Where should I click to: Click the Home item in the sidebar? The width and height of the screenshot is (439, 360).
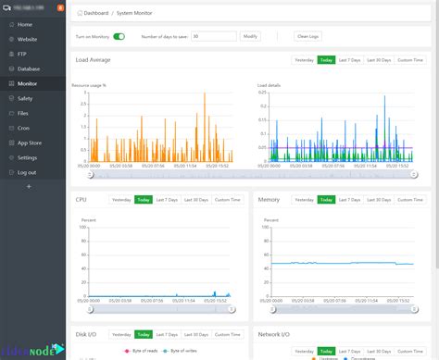tap(24, 24)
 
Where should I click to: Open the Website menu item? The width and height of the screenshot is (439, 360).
tap(28, 39)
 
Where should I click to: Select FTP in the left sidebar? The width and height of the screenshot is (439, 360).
tap(22, 54)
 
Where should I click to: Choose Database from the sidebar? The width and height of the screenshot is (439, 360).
tap(29, 68)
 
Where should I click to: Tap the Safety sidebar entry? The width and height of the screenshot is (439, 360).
tap(25, 98)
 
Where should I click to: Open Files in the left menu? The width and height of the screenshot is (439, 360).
tap(23, 113)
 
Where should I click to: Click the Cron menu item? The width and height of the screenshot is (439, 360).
tap(23, 128)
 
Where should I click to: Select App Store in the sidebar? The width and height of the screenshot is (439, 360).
tap(30, 143)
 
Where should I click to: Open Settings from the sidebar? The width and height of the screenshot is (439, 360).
tap(28, 157)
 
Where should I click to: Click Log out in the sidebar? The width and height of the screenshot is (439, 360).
tap(27, 172)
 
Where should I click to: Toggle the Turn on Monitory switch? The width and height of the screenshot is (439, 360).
tap(119, 36)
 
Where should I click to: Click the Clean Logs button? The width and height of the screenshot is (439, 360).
tap(307, 36)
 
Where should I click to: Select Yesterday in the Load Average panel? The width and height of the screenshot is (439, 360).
tap(304, 60)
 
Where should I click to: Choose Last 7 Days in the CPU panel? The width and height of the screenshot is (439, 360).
tap(167, 199)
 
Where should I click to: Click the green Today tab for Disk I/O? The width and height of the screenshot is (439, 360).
tap(144, 334)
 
